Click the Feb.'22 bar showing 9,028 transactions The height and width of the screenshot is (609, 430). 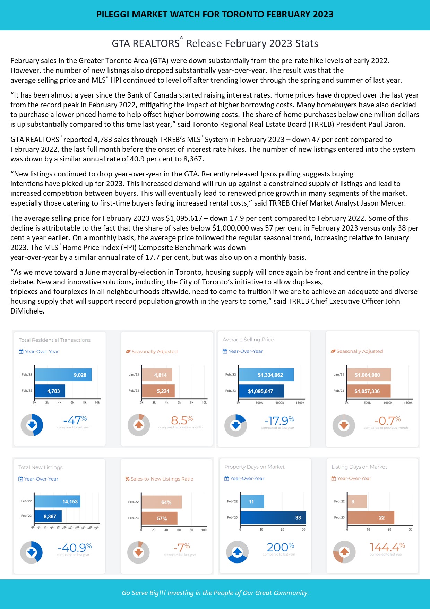tap(63, 375)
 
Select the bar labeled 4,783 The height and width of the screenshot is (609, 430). tap(50, 391)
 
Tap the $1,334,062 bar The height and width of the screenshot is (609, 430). tap(266, 375)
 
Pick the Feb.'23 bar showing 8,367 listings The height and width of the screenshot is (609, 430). tap(48, 516)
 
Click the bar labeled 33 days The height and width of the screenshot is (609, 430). tap(273, 518)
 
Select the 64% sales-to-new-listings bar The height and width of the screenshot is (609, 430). tap(162, 502)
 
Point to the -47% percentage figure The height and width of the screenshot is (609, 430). tap(75, 420)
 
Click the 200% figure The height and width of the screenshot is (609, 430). tap(280, 547)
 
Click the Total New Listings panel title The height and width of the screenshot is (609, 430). tap(41, 467)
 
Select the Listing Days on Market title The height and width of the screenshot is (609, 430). tap(359, 467)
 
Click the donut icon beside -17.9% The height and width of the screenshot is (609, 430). tap(236, 425)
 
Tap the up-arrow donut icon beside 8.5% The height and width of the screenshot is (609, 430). tap(139, 425)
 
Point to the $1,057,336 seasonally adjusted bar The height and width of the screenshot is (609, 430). tap(369, 391)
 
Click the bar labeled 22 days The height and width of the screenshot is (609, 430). tap(371, 518)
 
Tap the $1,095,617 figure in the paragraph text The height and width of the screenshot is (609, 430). tap(184, 218)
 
